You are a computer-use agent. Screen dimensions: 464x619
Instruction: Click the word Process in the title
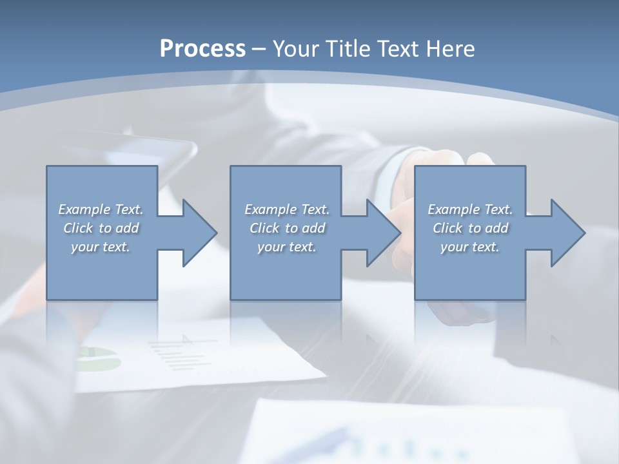tap(202, 48)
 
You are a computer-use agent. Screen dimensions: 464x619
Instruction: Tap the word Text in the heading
tap(398, 48)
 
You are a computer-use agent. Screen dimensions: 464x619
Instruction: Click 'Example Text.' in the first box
tap(101, 209)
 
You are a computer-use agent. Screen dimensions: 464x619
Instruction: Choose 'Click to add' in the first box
tap(101, 228)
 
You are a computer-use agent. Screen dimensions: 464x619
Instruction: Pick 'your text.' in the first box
tap(101, 247)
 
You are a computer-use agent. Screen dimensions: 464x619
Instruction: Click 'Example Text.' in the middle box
tap(287, 209)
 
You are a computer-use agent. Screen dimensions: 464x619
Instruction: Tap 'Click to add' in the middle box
tap(287, 228)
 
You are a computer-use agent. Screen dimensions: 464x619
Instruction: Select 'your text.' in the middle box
tap(287, 247)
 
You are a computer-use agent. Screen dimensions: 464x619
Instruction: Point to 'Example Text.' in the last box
tap(470, 209)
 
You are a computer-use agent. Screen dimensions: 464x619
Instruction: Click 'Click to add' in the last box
tap(470, 228)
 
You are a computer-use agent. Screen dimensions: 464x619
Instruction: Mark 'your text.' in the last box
tap(470, 247)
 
